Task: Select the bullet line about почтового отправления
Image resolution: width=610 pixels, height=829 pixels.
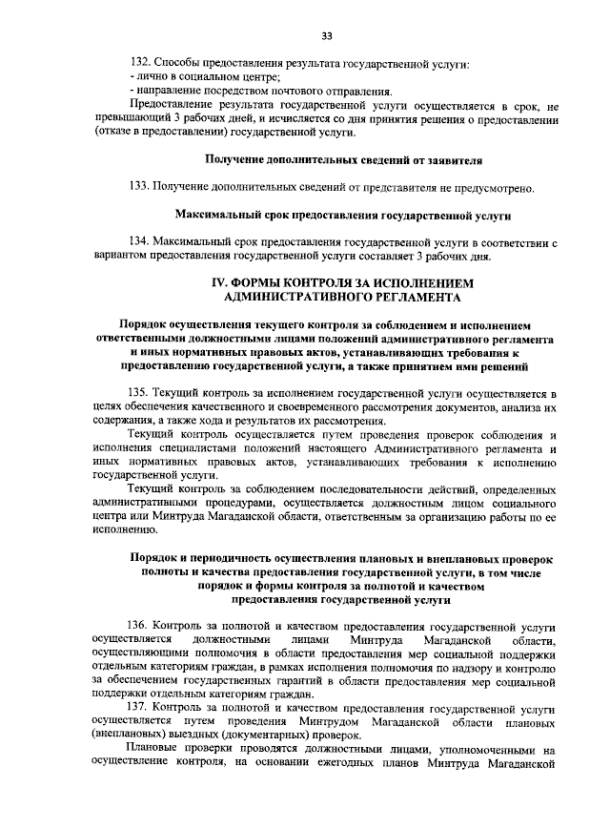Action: coord(258,91)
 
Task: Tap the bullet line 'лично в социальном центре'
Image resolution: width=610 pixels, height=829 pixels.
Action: coord(204,77)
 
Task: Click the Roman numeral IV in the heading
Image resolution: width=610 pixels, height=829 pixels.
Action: coord(218,283)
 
